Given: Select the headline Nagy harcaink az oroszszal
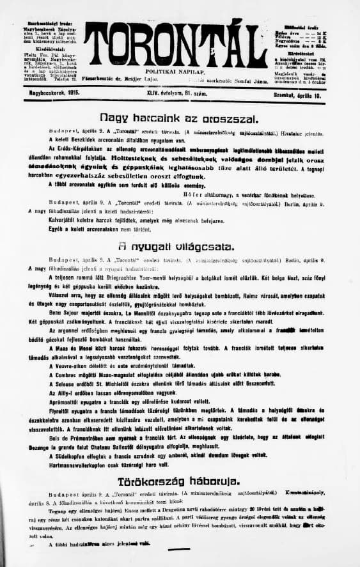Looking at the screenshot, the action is click(178, 118).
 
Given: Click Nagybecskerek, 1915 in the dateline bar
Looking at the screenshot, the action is click(43, 94).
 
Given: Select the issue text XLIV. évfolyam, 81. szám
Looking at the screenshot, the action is click(178, 93).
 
